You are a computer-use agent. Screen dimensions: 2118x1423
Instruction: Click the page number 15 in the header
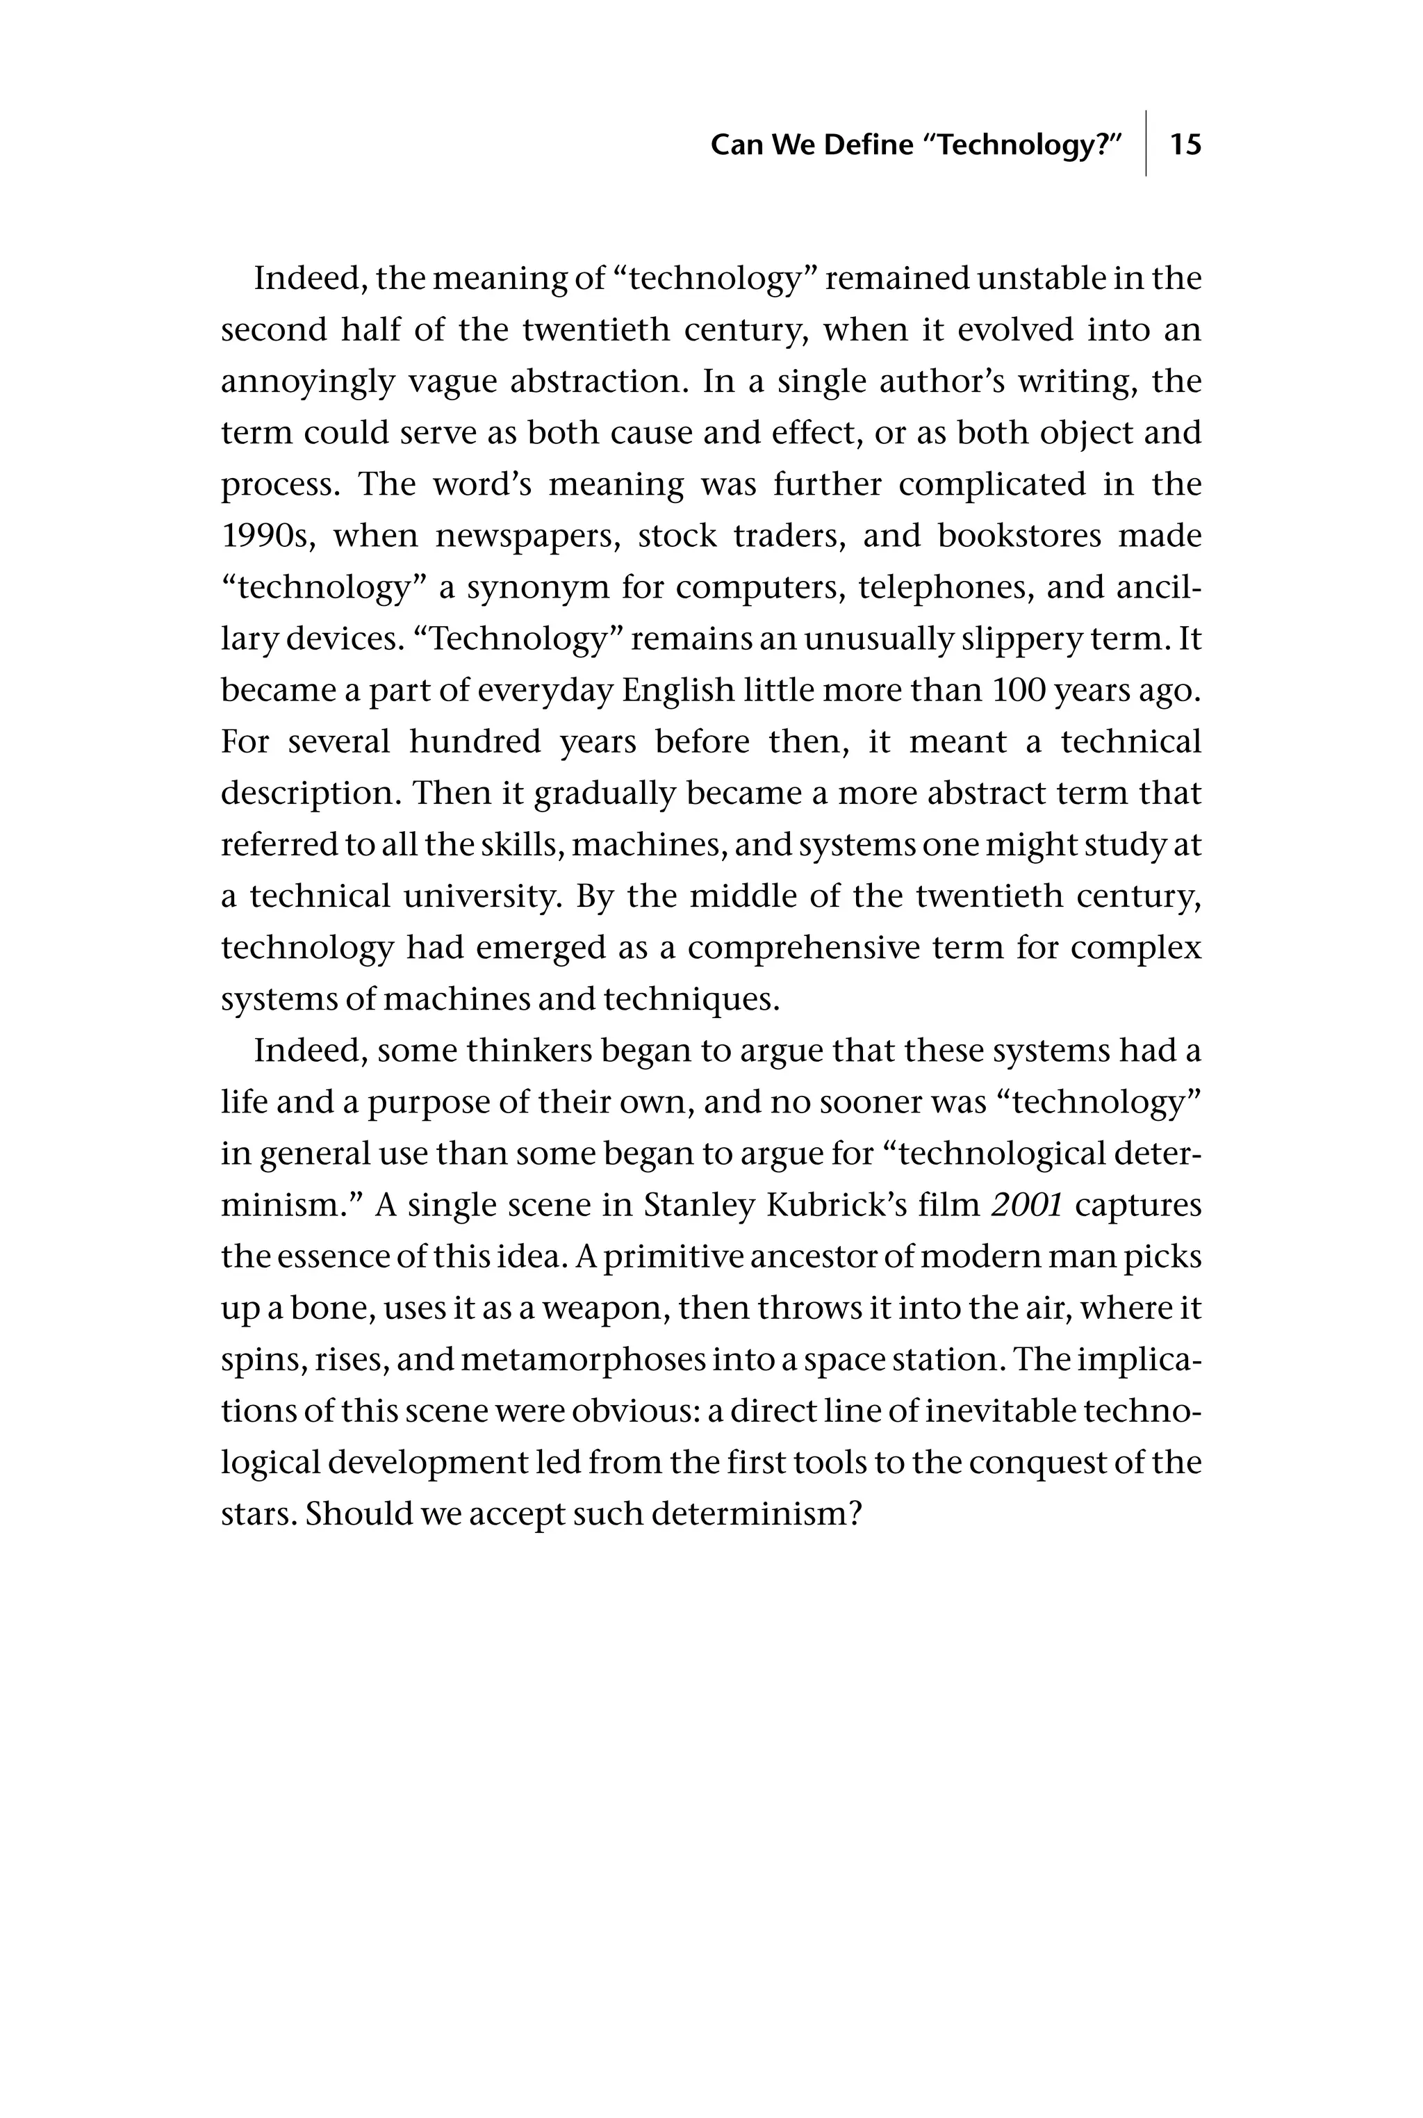coord(1185,145)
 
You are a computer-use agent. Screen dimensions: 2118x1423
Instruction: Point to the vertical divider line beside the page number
coord(1146,143)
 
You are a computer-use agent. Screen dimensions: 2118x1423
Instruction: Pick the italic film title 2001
coord(1028,1205)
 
